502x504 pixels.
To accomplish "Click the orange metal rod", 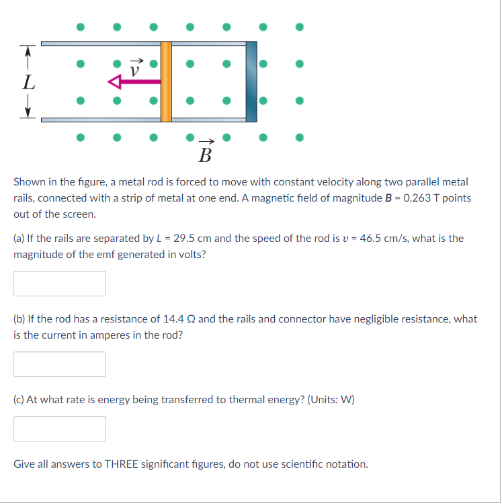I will (x=166, y=81).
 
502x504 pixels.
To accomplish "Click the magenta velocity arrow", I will (x=134, y=82).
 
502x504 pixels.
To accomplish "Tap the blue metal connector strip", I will (x=251, y=81).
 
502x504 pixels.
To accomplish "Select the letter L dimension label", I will (x=27, y=83).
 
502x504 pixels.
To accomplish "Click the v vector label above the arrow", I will (x=137, y=68).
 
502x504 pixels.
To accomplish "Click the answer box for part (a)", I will (x=60, y=284).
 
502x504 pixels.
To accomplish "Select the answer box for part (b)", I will (x=60, y=364).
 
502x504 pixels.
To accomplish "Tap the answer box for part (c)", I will (x=60, y=429).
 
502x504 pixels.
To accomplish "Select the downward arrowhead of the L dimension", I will (x=27, y=113).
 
